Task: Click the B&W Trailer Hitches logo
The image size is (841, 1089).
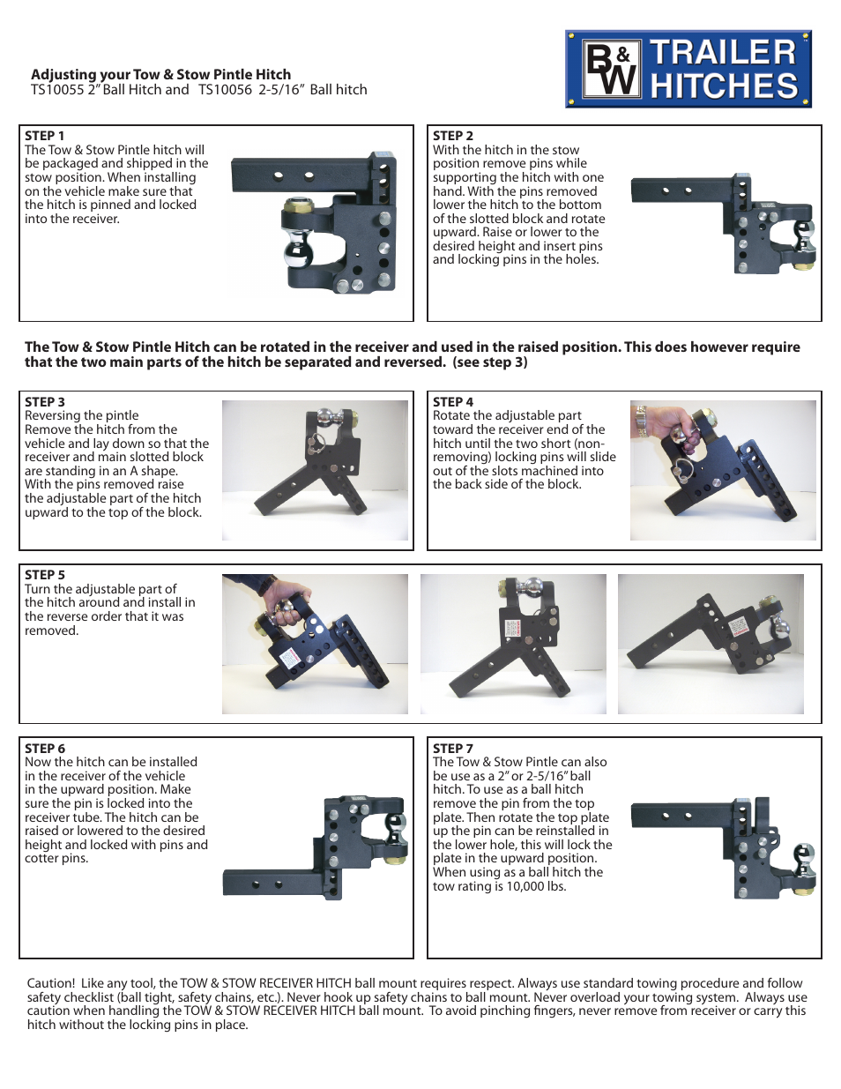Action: click(x=688, y=70)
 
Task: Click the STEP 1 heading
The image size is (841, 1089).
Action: click(x=44, y=136)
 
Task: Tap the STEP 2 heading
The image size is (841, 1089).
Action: click(x=452, y=136)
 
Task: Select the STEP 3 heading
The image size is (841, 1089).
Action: click(x=44, y=402)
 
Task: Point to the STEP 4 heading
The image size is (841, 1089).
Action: click(x=452, y=402)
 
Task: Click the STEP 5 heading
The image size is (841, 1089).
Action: click(x=44, y=575)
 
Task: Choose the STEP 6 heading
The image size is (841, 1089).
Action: click(x=44, y=749)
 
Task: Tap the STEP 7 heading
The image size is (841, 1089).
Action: click(x=452, y=749)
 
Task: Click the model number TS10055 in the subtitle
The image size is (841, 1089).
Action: click(x=57, y=90)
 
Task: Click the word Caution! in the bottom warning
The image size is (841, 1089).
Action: click(x=51, y=983)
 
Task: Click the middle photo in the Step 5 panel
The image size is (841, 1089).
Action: click(x=513, y=644)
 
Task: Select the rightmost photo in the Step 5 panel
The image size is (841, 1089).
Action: click(x=711, y=644)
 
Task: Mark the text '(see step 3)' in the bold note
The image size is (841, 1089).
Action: click(x=490, y=362)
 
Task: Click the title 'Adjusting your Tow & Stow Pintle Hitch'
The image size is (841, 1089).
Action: click(x=160, y=75)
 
